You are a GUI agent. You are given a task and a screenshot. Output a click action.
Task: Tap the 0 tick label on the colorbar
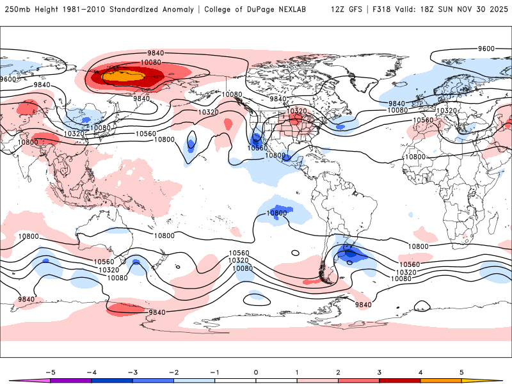coord(256,372)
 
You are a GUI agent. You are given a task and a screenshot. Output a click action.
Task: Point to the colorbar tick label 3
coord(380,372)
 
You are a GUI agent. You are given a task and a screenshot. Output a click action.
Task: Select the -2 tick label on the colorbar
coord(173,372)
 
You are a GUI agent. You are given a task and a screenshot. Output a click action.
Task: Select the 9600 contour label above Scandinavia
coord(486,49)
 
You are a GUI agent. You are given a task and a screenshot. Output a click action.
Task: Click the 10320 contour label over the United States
coord(296,111)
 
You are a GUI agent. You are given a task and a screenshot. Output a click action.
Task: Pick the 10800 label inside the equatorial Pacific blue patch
coord(276,212)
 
